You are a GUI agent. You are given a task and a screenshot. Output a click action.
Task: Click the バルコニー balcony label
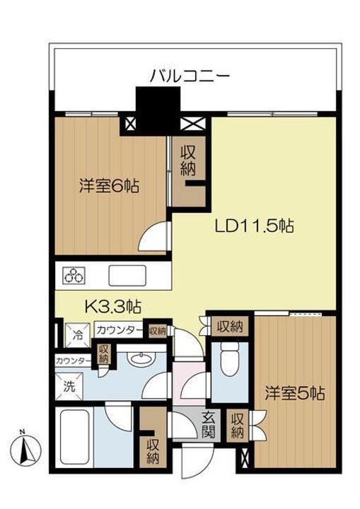point(190,76)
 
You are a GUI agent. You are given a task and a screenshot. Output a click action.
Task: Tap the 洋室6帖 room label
point(110,187)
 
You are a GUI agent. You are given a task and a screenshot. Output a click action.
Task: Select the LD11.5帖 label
point(255,226)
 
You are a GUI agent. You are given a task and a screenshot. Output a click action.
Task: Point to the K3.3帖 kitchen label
point(112,306)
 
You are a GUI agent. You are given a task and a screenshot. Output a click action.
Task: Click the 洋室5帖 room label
point(295,394)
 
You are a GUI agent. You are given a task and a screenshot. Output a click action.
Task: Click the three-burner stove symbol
point(74,276)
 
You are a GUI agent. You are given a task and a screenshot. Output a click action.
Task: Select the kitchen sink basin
point(127,276)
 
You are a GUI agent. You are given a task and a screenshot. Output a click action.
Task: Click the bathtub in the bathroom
point(75,438)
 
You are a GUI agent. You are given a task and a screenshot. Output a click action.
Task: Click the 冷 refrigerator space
point(77,334)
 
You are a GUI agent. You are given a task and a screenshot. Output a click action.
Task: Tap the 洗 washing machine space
point(69,386)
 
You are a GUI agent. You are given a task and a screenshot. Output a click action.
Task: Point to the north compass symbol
point(25,450)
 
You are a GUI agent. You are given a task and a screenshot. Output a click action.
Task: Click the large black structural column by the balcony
point(158,111)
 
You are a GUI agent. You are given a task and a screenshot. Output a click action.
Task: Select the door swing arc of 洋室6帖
point(153,236)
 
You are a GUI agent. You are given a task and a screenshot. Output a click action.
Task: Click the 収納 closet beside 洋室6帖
point(189,171)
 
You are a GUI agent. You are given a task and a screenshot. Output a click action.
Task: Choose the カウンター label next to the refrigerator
point(120,330)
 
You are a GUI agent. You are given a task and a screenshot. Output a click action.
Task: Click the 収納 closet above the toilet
point(230,326)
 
